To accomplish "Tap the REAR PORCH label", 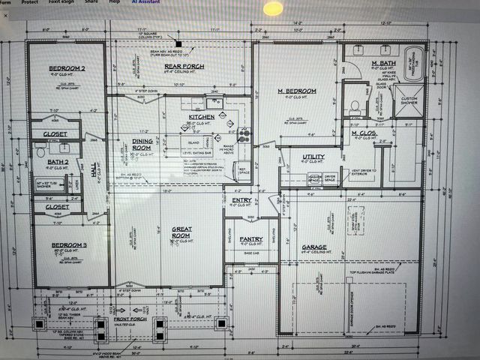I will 184,66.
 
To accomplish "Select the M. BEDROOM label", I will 297,91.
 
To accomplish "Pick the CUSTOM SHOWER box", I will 409,100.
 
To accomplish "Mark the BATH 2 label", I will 57,161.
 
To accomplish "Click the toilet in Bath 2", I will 40,151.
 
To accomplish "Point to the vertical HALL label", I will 94,172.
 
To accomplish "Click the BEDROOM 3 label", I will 69,245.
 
